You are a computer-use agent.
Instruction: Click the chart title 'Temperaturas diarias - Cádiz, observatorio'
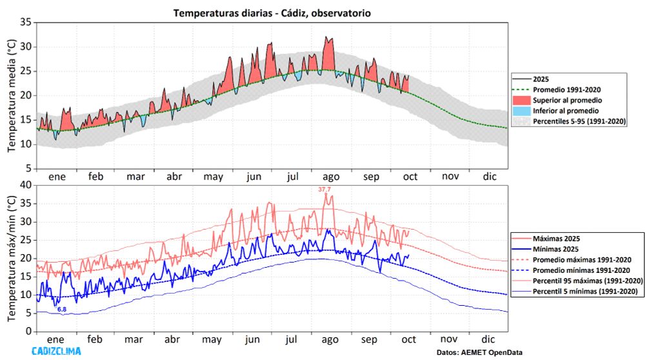pyautogui.click(x=272, y=12)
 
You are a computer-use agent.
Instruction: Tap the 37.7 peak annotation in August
pyautogui.click(x=324, y=189)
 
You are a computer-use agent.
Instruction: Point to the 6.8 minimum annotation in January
pyautogui.click(x=62, y=310)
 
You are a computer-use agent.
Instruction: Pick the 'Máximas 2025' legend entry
pyautogui.click(x=555, y=238)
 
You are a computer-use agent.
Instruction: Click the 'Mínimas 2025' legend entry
pyautogui.click(x=555, y=248)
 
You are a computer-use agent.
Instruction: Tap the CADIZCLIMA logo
pyautogui.click(x=56, y=352)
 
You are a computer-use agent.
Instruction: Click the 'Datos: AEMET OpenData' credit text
pyautogui.click(x=479, y=352)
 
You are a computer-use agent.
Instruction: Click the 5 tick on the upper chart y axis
pyautogui.click(x=28, y=168)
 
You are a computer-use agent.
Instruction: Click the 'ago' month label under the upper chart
pyautogui.click(x=330, y=176)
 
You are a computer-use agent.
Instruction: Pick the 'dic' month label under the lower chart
pyautogui.click(x=488, y=339)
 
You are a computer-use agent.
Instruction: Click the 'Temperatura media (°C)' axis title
pyautogui.click(x=11, y=95)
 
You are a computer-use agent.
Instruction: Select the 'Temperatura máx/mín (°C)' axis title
pyautogui.click(x=11, y=258)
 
